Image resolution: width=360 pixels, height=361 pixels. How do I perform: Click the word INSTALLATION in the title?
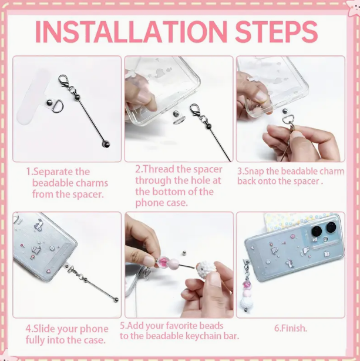pyautogui.click(x=131, y=32)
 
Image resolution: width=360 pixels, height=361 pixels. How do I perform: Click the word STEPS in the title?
pyautogui.click(x=276, y=32)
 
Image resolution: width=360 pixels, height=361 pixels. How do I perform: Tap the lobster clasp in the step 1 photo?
pyautogui.click(x=63, y=81)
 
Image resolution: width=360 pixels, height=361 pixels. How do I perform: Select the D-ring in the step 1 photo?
pyautogui.click(x=57, y=106)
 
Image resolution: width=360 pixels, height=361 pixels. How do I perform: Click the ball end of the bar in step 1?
pyautogui.click(x=106, y=145)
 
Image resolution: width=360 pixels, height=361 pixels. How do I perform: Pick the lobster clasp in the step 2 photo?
pyautogui.click(x=195, y=110)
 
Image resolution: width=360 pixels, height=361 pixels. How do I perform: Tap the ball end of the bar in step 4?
pyautogui.click(x=116, y=299)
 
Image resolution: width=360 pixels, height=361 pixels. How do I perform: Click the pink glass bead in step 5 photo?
pyautogui.click(x=163, y=262)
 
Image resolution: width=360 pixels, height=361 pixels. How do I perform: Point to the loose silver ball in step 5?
pyautogui.click(x=184, y=253)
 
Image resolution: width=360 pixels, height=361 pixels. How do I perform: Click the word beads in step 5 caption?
pyautogui.click(x=211, y=326)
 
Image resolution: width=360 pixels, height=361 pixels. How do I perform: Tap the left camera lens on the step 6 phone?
pyautogui.click(x=317, y=231)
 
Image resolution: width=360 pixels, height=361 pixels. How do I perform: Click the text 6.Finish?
pyautogui.click(x=291, y=328)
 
